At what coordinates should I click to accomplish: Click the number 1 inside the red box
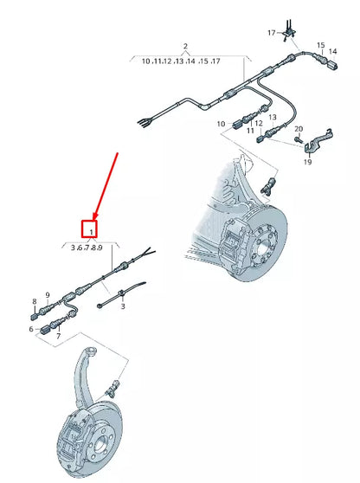click(92, 230)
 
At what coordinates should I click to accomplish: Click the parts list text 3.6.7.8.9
click(92, 247)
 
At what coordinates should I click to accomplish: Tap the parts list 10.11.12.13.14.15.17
click(181, 62)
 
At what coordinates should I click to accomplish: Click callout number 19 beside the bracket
click(307, 162)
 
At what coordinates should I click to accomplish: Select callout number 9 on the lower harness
click(48, 294)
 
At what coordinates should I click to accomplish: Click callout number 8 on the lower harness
click(35, 302)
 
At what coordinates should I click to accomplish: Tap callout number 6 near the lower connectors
click(32, 329)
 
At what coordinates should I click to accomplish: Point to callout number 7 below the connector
click(58, 335)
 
